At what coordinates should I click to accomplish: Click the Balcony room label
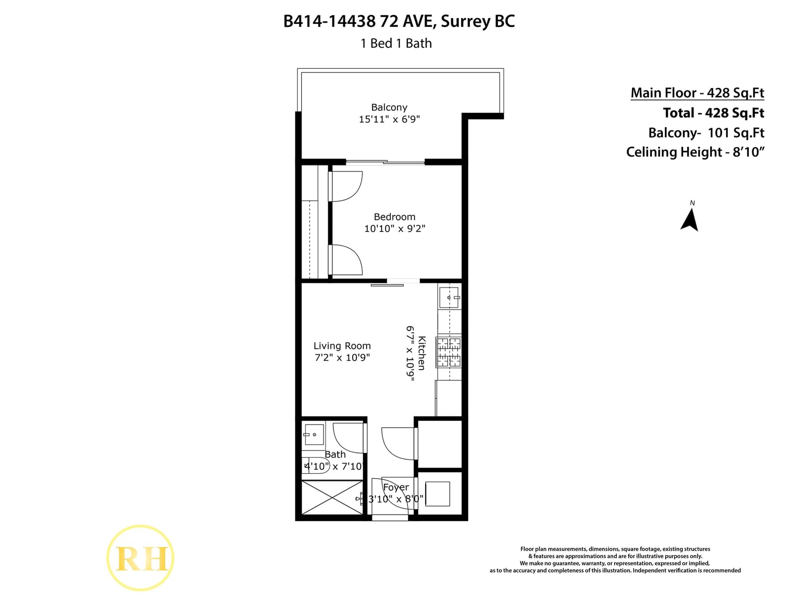coord(389,107)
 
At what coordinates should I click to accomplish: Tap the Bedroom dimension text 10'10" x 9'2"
coord(395,228)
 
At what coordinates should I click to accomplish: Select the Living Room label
coord(342,346)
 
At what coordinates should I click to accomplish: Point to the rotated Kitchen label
coord(422,353)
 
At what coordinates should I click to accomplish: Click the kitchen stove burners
coord(448,352)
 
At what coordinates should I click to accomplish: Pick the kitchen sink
coord(449,298)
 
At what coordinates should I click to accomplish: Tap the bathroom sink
coord(314,435)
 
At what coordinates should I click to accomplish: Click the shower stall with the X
coord(332,497)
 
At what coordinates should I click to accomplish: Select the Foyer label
coord(396,487)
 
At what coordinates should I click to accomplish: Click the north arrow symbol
coord(689,220)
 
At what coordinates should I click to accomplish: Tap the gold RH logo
coord(141,558)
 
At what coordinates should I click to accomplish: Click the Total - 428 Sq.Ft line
coord(714,113)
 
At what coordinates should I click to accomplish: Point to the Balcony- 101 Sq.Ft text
coord(706,133)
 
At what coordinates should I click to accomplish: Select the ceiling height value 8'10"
coord(748,151)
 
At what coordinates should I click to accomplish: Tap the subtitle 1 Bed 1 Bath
coord(396,43)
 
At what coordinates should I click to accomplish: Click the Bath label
coord(335,454)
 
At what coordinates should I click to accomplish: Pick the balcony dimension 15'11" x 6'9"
coord(389,119)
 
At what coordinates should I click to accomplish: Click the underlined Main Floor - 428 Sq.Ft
coord(698,93)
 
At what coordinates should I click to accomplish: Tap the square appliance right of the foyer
coord(438,494)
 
